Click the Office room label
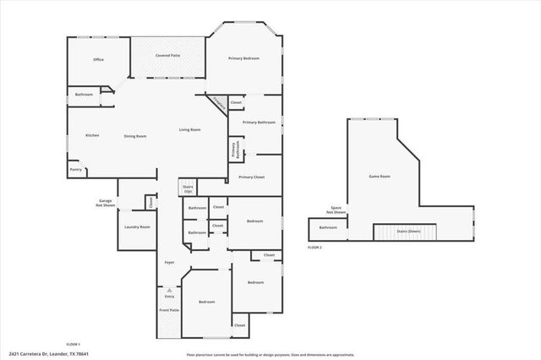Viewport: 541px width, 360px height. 98,60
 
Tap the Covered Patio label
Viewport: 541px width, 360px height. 167,55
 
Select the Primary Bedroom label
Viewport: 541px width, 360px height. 244,58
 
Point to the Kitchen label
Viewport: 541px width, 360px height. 92,135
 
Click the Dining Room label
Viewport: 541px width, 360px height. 135,136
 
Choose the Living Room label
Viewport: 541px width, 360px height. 189,129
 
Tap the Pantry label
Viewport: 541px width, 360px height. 76,169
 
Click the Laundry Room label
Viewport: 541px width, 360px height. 137,227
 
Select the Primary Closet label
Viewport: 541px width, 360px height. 251,177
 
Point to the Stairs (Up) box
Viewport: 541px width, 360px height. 188,188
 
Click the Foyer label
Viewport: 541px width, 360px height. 169,263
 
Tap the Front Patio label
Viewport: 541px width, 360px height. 169,310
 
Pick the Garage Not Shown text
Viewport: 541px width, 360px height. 105,203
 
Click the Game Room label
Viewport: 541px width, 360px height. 379,177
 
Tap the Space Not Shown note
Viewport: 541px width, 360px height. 336,210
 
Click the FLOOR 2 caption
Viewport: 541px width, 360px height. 315,247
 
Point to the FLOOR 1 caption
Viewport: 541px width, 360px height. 73,344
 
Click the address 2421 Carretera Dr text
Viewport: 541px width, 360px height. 49,353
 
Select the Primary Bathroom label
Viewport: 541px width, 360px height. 260,123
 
